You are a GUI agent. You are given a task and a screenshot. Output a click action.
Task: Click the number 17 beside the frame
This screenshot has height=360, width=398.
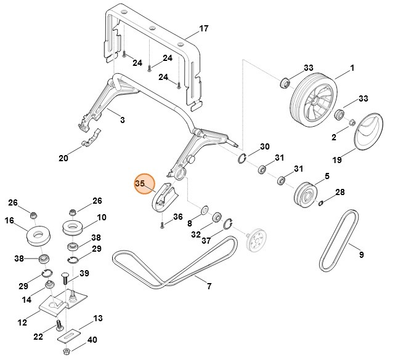204,29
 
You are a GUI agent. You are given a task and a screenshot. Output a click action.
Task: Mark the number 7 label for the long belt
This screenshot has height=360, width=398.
209,286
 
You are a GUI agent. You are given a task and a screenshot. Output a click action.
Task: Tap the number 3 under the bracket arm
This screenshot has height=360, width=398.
122,120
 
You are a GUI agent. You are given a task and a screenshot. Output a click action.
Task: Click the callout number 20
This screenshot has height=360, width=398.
63,158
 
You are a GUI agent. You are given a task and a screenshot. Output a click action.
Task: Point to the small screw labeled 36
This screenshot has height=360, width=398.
161,225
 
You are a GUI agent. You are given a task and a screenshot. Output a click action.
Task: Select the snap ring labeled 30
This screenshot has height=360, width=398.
241,159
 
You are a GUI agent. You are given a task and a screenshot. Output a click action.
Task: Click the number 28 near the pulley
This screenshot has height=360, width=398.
339,193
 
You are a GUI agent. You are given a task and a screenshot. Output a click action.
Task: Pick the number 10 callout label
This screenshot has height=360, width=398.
102,217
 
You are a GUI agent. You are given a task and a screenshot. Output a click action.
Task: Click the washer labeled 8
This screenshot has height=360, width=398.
205,210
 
